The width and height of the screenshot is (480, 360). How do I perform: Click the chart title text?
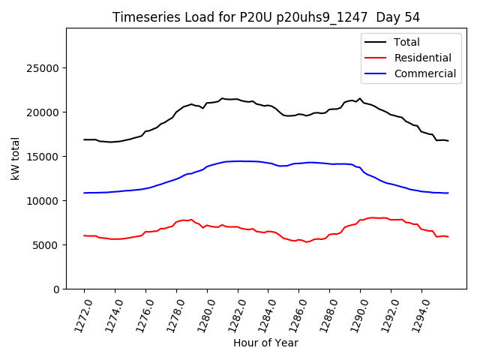click(265, 17)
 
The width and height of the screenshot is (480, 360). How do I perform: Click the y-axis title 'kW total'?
click(16, 159)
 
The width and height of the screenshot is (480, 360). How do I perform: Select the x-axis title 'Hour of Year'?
click(265, 343)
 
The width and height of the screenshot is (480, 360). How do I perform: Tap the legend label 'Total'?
click(406, 42)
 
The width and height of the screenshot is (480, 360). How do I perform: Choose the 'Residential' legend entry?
click(422, 58)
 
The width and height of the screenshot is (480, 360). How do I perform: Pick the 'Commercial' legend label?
click(424, 73)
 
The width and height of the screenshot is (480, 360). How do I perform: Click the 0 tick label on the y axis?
click(57, 289)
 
